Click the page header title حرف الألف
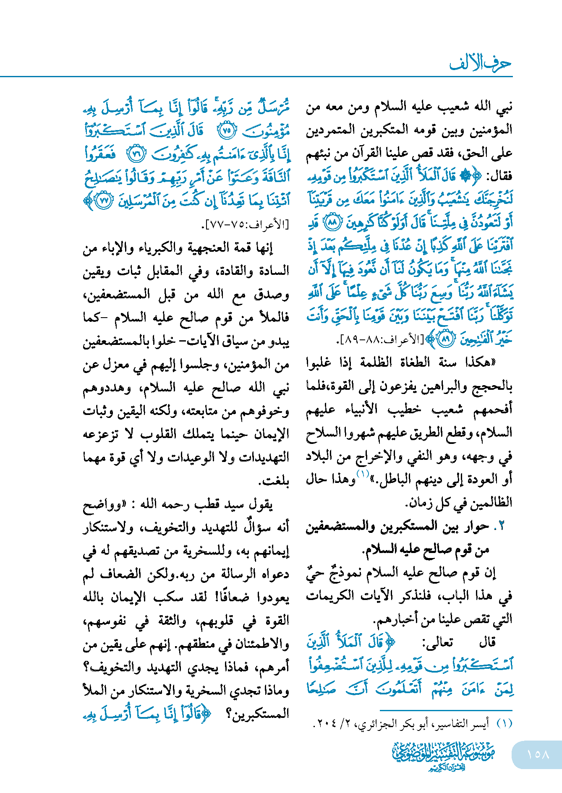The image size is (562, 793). click(x=480, y=64)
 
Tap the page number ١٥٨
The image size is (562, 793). click(x=538, y=754)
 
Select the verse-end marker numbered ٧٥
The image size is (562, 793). click(x=227, y=131)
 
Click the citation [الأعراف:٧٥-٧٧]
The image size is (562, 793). click(x=248, y=225)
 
